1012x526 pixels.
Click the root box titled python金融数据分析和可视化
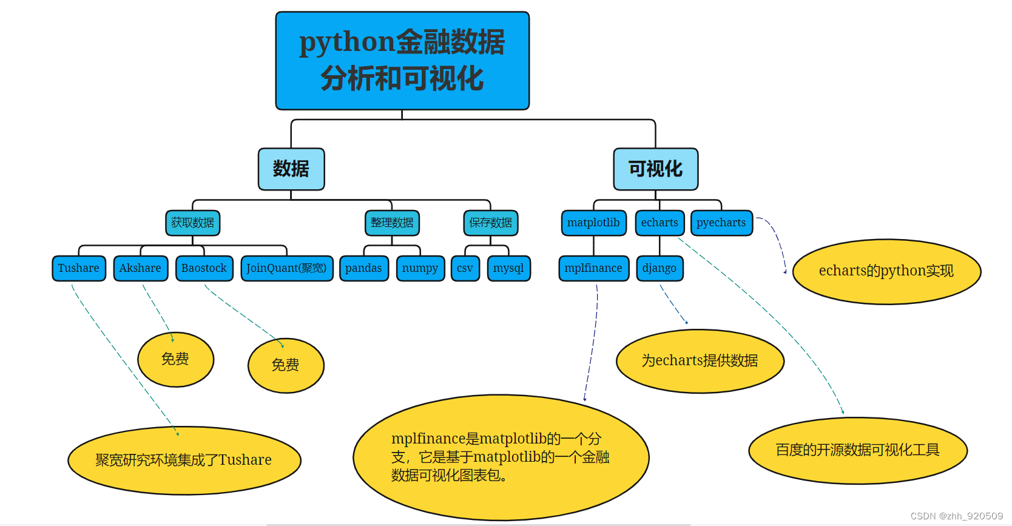coord(402,61)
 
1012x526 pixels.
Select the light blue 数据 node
coord(291,169)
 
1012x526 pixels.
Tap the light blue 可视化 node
coord(655,169)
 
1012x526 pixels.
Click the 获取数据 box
coord(192,223)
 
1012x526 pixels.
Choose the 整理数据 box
coord(392,223)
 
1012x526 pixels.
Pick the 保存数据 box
coord(490,223)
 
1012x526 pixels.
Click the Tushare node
coord(79,268)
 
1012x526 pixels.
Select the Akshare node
coord(140,268)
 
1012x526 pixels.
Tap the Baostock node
coord(204,268)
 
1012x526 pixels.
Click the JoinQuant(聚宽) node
coord(286,268)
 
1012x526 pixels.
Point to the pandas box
coord(363,268)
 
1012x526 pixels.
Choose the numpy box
coord(420,268)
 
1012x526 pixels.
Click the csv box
coord(465,268)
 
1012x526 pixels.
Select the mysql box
coord(508,268)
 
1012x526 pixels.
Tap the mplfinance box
coord(593,268)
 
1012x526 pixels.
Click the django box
coord(659,268)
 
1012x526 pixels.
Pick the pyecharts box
coord(721,223)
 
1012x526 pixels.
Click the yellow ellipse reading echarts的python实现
coord(886,271)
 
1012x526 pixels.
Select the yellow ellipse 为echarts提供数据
coord(700,361)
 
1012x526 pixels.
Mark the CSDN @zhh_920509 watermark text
coord(957,516)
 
